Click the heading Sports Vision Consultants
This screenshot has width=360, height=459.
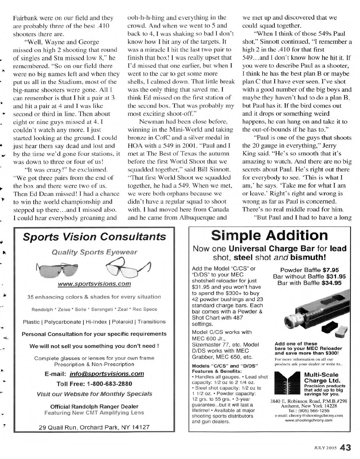(x=94, y=237)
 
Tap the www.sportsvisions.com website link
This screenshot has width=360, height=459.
(x=94, y=283)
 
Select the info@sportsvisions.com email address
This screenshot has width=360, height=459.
(x=106, y=374)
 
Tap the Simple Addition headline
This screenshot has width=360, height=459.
(x=269, y=235)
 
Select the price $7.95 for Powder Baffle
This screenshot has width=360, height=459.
(x=330, y=270)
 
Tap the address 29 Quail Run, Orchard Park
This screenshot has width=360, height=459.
(x=94, y=427)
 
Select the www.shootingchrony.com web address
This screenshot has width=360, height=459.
(x=309, y=420)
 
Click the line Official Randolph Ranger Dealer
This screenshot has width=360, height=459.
(x=94, y=406)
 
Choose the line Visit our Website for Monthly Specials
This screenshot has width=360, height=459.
(x=94, y=394)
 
